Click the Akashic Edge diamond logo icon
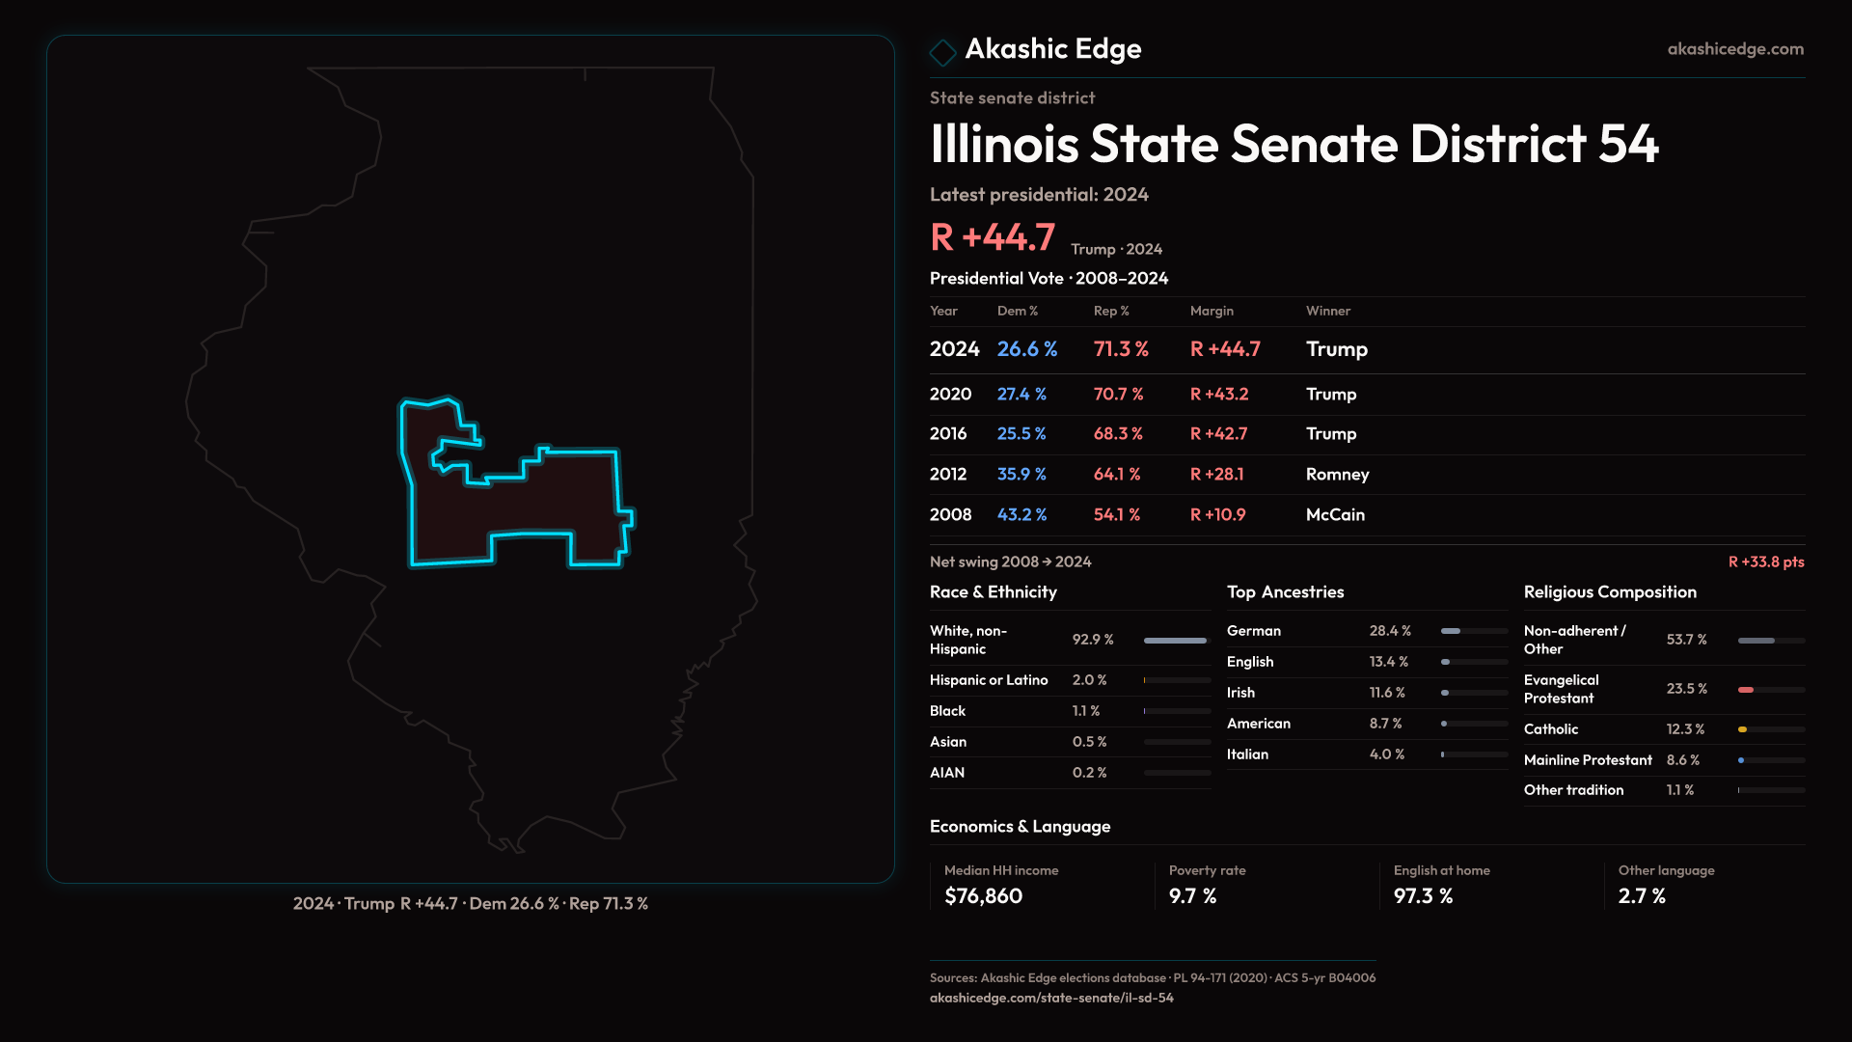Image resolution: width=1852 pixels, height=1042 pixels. [942, 51]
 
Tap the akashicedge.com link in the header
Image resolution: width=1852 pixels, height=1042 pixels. [1734, 49]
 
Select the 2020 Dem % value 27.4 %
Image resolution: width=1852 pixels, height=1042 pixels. [1021, 395]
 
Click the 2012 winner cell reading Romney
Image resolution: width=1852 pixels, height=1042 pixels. [1337, 475]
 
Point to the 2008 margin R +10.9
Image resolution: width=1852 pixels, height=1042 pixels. [1217, 515]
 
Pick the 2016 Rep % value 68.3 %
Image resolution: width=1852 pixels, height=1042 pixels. [1118, 434]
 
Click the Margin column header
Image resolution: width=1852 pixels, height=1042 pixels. [1212, 311]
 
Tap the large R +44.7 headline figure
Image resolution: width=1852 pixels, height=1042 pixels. [993, 237]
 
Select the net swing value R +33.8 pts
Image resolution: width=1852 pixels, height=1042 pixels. [1765, 562]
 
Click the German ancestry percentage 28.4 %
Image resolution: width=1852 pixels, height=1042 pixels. [1390, 631]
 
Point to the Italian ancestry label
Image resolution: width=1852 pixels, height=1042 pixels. [1247, 754]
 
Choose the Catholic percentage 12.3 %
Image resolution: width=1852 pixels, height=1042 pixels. [1685, 729]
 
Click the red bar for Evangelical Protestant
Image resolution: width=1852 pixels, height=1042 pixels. [1746, 690]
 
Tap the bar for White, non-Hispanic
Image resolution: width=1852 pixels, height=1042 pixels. [1175, 641]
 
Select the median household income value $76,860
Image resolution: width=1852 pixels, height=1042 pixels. [983, 896]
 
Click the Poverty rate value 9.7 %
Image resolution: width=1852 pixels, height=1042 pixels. [1192, 896]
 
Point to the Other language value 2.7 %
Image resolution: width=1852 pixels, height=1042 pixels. [1642, 896]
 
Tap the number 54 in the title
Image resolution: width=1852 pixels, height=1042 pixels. [1628, 145]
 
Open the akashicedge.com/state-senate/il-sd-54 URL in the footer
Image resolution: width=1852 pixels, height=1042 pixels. [1051, 999]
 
